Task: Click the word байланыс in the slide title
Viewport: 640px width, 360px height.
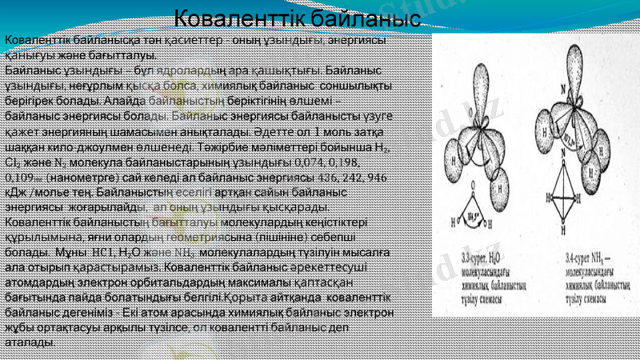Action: tap(360, 17)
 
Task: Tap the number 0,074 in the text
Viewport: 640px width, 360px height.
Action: tap(316, 163)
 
